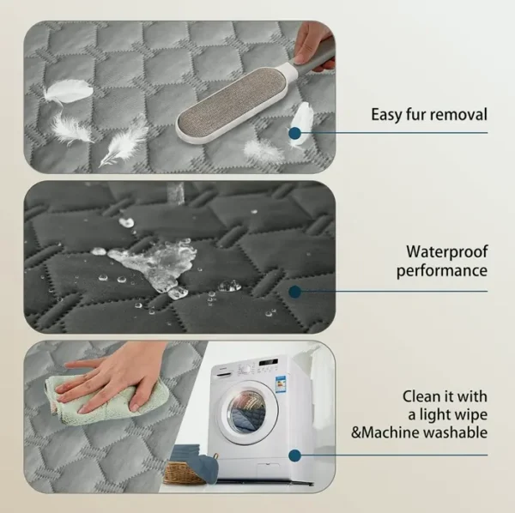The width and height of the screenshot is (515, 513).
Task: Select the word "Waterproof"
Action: (x=446, y=252)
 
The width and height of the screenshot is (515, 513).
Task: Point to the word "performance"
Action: (x=442, y=272)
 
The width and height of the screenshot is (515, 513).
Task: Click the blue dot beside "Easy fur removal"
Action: (x=295, y=133)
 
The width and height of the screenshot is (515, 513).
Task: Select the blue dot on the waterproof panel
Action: (x=295, y=292)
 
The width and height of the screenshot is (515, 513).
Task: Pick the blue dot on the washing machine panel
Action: (x=295, y=456)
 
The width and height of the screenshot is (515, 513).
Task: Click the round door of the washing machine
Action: (x=250, y=413)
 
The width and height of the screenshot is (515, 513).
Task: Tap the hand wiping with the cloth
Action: (x=112, y=381)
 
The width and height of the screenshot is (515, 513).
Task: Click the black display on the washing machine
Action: (x=269, y=362)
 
